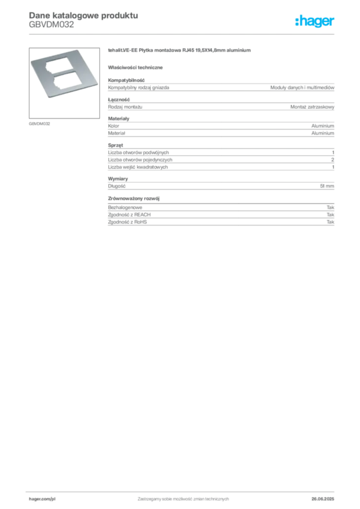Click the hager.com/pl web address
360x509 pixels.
tap(41, 499)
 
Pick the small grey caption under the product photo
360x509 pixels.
tap(39, 123)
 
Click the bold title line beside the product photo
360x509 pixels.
tap(181, 52)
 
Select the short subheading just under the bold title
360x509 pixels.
tap(137, 67)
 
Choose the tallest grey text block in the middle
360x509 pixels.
tap(220, 159)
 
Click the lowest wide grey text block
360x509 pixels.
tap(220, 217)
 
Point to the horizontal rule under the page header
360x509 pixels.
tap(182, 33)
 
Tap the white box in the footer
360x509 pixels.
tap(55, 499)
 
